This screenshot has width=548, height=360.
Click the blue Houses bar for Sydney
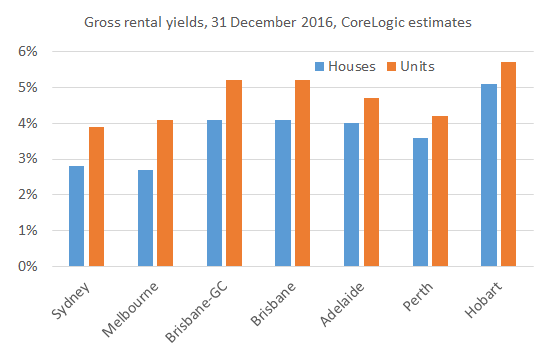[76, 216]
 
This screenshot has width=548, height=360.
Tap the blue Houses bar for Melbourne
[145, 218]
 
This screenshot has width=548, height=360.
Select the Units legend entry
[420, 66]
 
